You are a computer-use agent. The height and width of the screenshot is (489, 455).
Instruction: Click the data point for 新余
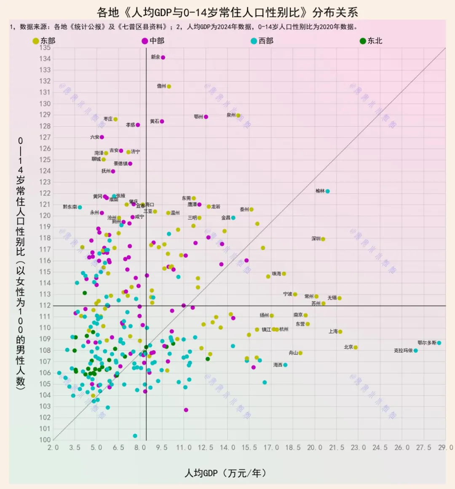[x=163, y=57]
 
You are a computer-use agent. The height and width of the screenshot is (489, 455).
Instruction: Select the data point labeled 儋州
[x=169, y=86]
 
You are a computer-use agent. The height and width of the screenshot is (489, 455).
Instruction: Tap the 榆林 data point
[x=327, y=191]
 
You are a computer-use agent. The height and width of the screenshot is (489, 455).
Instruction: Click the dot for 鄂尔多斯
[x=439, y=343]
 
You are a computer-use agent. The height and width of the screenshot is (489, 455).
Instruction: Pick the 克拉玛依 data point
[x=416, y=350]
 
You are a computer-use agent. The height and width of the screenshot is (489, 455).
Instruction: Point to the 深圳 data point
[x=323, y=239]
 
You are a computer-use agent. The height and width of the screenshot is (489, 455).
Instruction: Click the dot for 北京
[x=356, y=347]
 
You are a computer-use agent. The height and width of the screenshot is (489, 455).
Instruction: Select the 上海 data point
[x=340, y=331]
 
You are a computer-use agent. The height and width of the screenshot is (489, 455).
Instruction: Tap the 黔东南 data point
[x=80, y=207]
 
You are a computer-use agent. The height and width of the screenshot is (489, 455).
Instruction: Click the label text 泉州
[x=231, y=115]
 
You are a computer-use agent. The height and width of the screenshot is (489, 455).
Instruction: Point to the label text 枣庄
[x=108, y=119]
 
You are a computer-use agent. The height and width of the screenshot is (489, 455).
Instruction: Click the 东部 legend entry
[x=44, y=41]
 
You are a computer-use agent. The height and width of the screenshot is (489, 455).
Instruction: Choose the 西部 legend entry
[x=262, y=41]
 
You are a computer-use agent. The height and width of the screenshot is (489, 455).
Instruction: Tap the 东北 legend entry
[x=371, y=41]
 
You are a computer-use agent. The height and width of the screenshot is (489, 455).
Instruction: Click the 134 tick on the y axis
[x=45, y=59]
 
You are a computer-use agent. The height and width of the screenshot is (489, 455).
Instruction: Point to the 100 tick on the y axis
[x=45, y=440]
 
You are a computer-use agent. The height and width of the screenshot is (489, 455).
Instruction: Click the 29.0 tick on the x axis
[x=445, y=447]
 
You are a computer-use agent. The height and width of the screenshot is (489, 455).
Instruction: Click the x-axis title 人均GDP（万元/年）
[x=226, y=473]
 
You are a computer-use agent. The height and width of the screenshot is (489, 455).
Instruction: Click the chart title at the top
[x=227, y=12]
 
